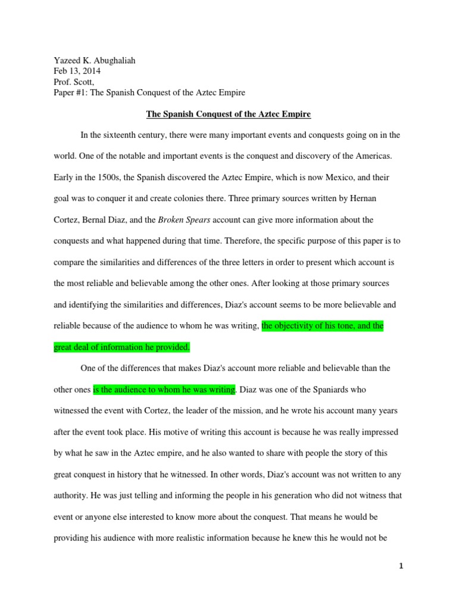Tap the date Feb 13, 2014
77,71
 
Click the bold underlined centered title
227,114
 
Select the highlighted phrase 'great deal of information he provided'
121,347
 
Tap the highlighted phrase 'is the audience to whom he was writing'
164,390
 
